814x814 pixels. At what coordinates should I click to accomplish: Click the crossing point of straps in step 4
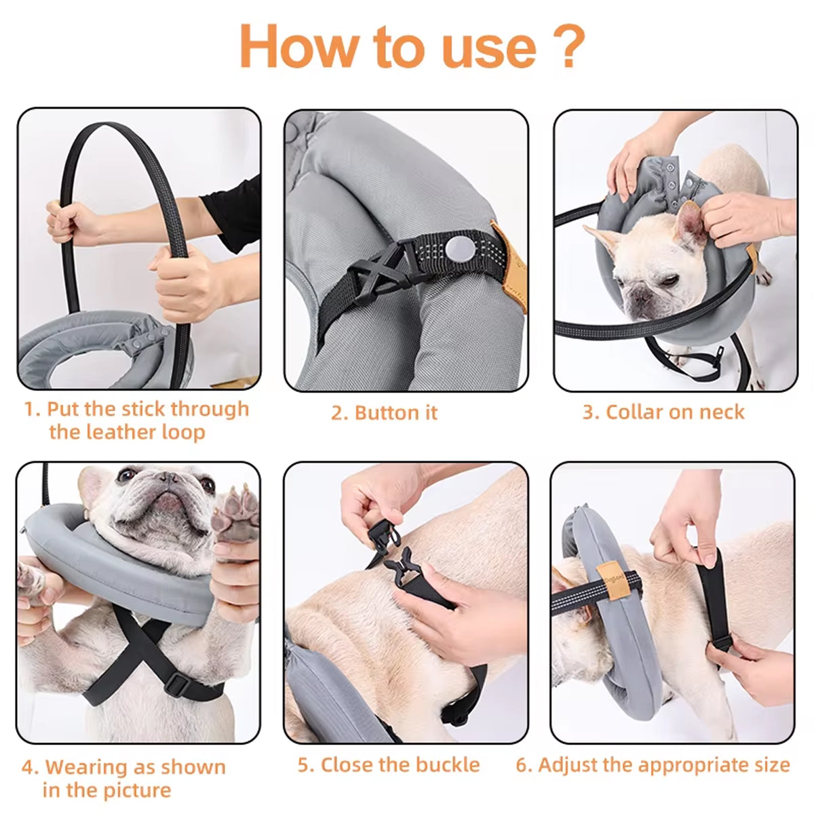point(139,640)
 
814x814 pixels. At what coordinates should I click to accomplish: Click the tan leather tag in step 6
point(612,578)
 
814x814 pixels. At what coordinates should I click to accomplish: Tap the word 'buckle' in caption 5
point(444,764)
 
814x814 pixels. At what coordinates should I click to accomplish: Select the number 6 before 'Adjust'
point(523,764)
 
